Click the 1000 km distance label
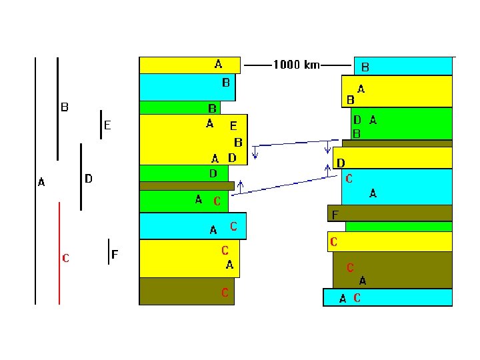[x=296, y=65]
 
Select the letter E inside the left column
[x=233, y=126]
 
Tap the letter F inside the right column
[x=335, y=215]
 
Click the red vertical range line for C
[x=59, y=253]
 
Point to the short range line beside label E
[x=101, y=125]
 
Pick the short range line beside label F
[x=109, y=251]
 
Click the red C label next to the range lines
[x=65, y=258]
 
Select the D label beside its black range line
[x=89, y=179]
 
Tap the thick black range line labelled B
[x=57, y=109]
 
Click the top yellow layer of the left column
[x=190, y=65]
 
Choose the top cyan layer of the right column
[x=403, y=66]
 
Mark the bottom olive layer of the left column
[x=187, y=291]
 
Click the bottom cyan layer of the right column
[x=387, y=297]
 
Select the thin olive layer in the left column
[x=187, y=186]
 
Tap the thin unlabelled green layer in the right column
[x=399, y=227]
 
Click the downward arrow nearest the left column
[x=255, y=153]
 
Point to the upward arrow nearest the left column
[x=240, y=187]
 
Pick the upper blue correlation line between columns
[x=295, y=143]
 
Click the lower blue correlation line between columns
[x=285, y=185]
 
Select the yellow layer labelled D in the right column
[x=393, y=157]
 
